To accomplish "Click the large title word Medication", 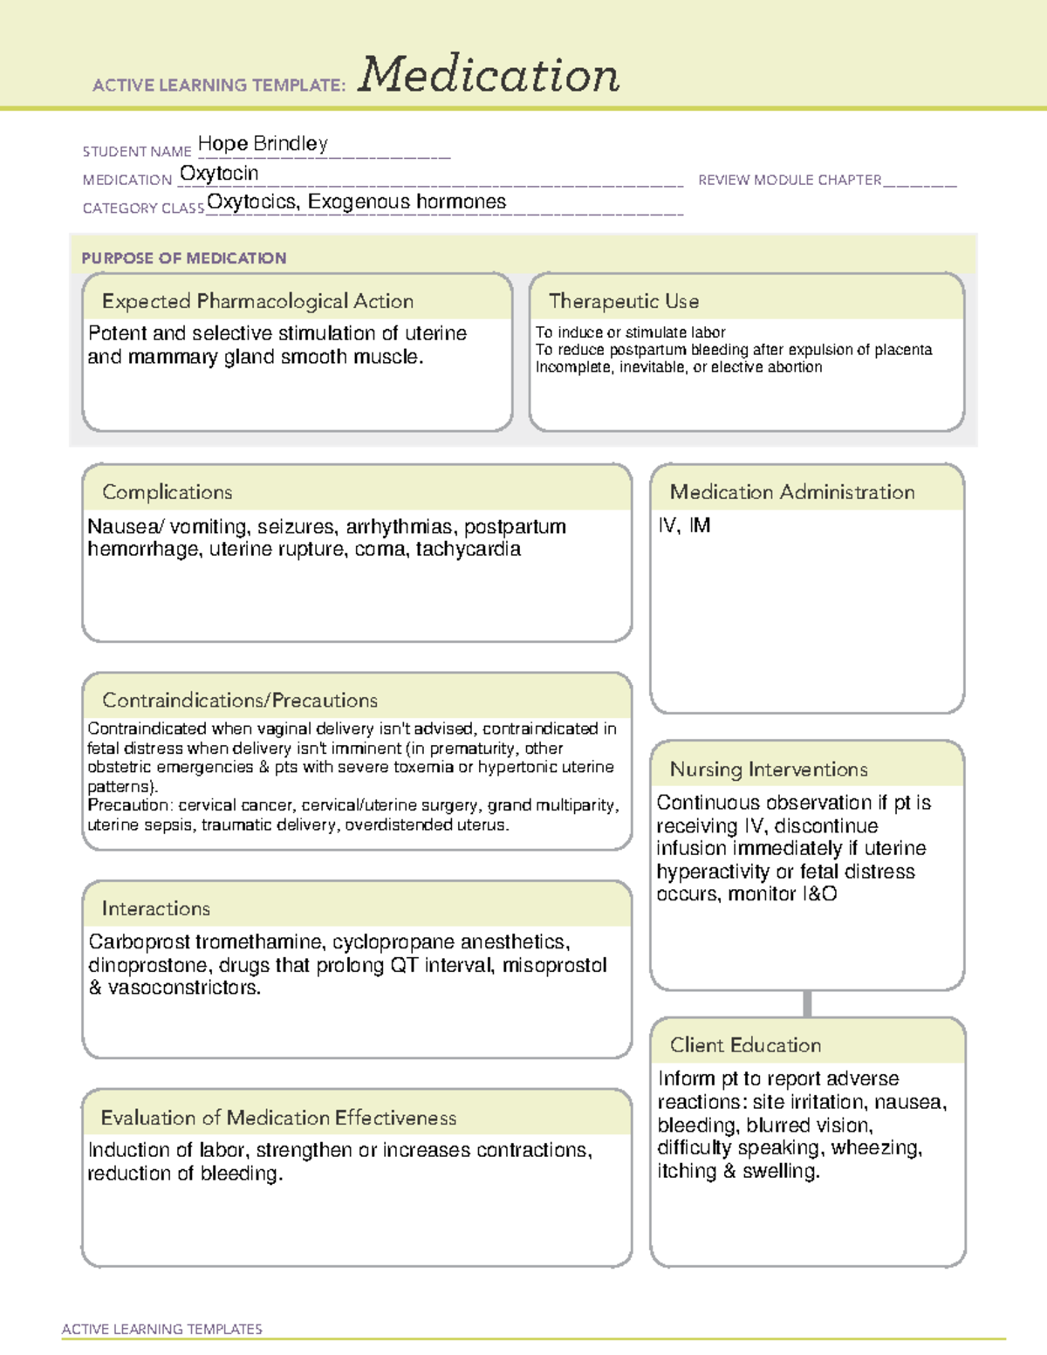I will (x=489, y=75).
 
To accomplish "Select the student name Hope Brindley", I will (x=263, y=144).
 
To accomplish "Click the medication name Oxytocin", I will (x=219, y=174).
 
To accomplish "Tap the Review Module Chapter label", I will (x=790, y=181).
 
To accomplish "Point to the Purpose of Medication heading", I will (x=183, y=258).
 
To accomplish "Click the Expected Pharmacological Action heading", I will (x=257, y=302).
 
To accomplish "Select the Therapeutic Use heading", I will (x=623, y=302).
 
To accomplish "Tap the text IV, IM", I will (x=684, y=526).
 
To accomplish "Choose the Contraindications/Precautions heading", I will (x=240, y=701).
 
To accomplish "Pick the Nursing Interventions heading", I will (x=769, y=770).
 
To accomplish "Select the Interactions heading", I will (x=156, y=909).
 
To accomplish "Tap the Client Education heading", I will (x=745, y=1045).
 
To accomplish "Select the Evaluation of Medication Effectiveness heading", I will (x=278, y=1119).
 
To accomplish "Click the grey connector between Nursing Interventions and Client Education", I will (x=807, y=1003).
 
